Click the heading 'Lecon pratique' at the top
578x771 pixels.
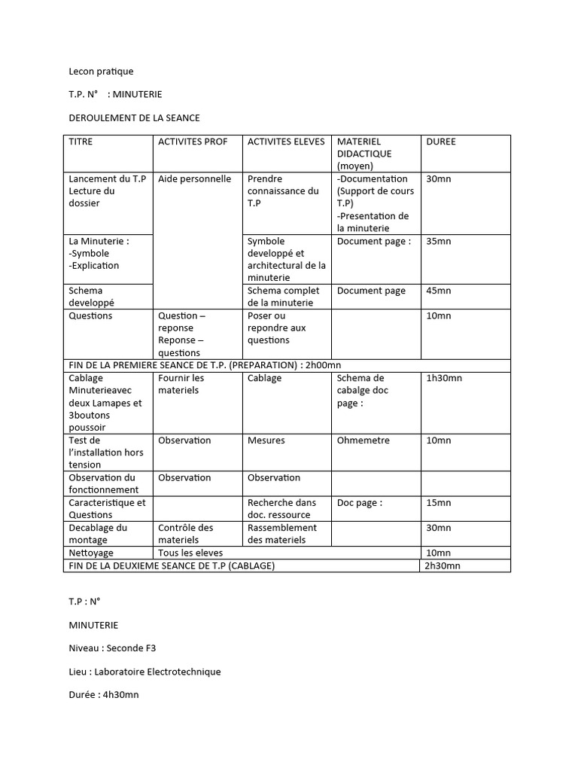(x=101, y=72)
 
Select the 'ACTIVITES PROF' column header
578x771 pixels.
(x=193, y=142)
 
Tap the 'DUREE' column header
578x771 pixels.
(x=441, y=142)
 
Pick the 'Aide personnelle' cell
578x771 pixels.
(x=194, y=179)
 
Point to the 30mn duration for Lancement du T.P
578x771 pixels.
(x=438, y=179)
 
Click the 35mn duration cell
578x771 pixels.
(x=438, y=242)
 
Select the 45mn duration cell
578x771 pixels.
(x=438, y=291)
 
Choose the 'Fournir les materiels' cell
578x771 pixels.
(x=181, y=384)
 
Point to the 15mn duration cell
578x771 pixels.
(x=438, y=503)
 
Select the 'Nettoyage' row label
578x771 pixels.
(x=90, y=553)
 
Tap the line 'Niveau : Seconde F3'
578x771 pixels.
(x=112, y=648)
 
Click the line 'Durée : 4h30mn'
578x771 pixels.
(x=104, y=694)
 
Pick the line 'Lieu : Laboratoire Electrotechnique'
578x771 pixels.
(x=144, y=671)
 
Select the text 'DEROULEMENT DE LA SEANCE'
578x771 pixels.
(x=134, y=118)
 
